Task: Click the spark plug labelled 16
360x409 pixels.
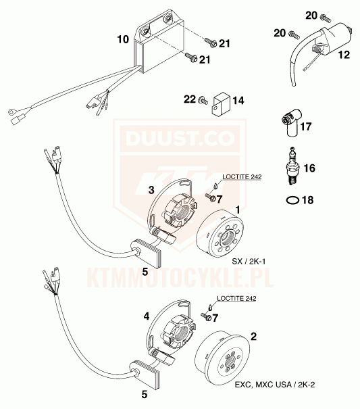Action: (294, 166)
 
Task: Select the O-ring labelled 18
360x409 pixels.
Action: (292, 200)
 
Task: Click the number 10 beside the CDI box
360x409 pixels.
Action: (123, 39)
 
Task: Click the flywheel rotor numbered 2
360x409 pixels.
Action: (222, 358)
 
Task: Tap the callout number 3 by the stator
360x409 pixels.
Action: (151, 190)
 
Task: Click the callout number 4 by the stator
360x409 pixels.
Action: (147, 316)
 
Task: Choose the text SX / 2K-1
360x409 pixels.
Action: (249, 261)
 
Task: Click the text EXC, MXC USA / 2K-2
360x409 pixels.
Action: (275, 385)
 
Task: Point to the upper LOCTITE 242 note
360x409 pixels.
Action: (242, 176)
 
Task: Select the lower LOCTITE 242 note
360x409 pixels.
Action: (236, 298)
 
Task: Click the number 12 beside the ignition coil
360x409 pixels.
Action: (344, 55)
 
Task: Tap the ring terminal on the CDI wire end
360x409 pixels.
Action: (11, 112)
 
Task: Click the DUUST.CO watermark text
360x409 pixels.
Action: (180, 138)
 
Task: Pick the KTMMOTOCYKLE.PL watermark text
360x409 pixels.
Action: (180, 278)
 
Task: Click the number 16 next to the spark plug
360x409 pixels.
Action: (309, 168)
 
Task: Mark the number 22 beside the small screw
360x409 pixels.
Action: (190, 99)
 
